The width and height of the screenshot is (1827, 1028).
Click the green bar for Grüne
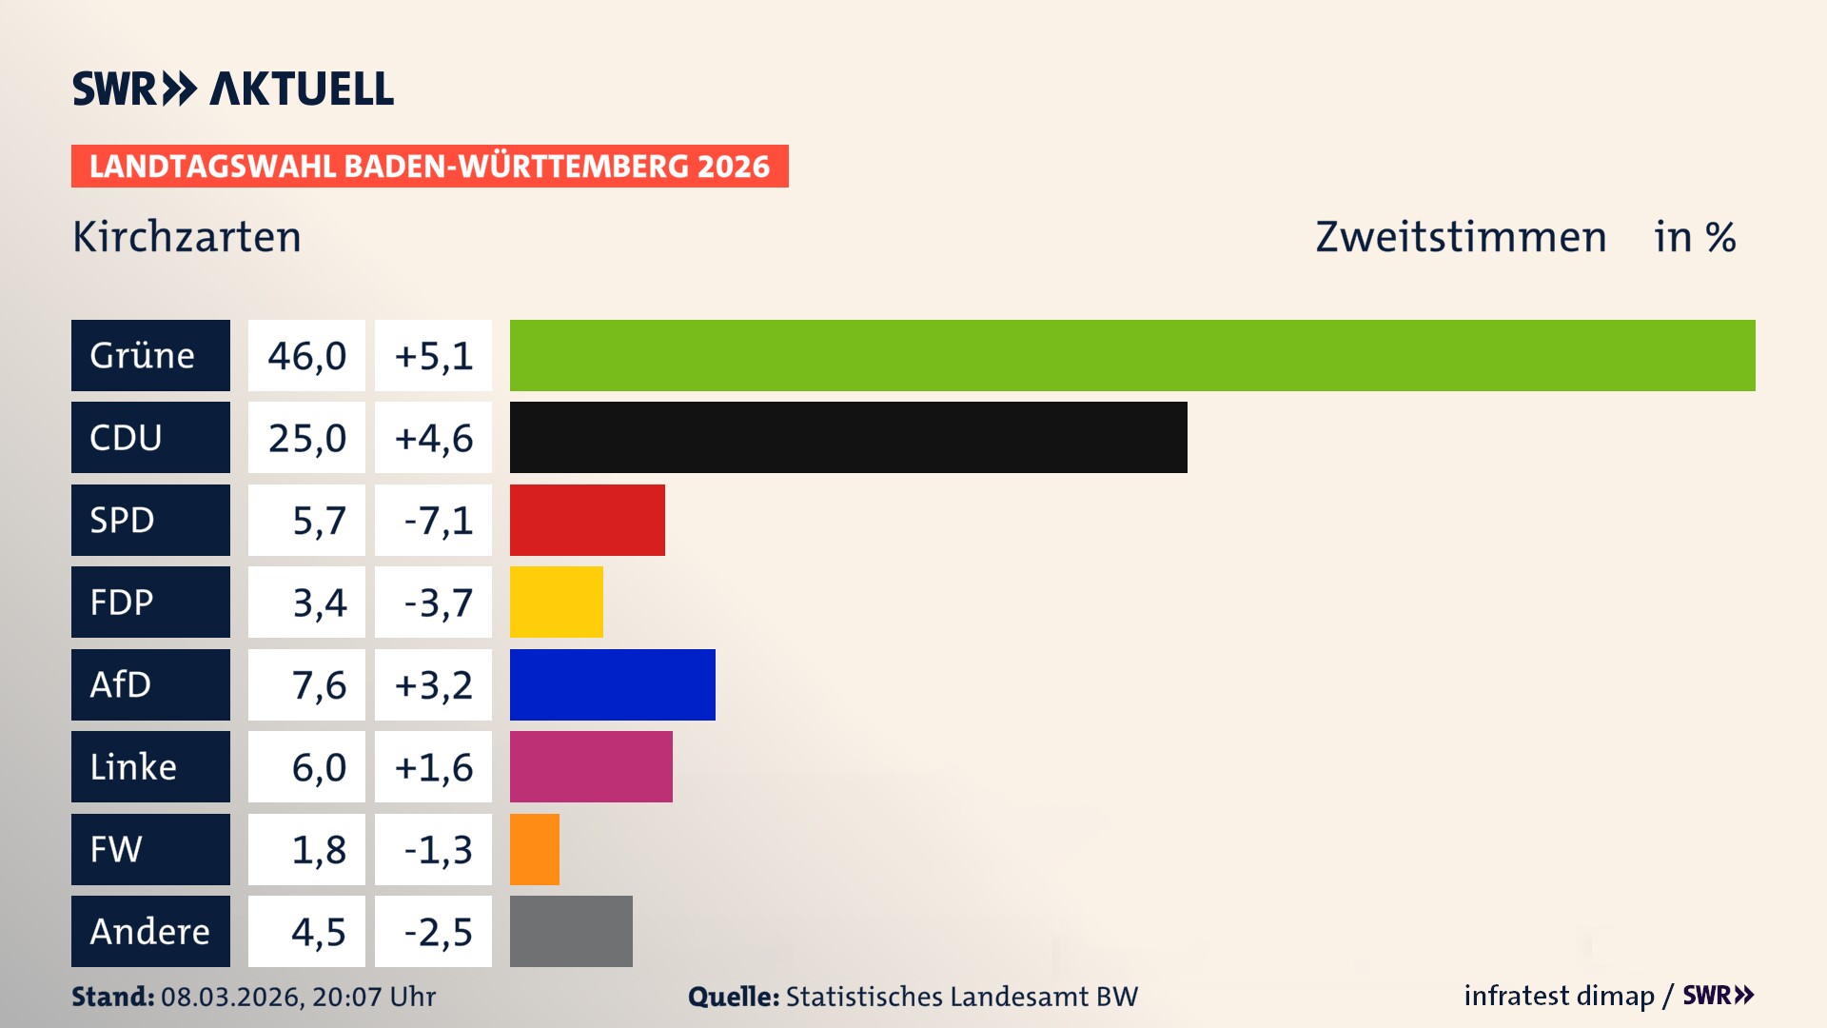pyautogui.click(x=1132, y=355)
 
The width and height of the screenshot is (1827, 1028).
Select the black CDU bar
pyautogui.click(x=848, y=438)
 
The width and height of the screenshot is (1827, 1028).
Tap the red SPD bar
pyautogui.click(x=587, y=520)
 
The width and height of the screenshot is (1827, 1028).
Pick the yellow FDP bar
pyautogui.click(x=556, y=603)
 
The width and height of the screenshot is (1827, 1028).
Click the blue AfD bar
pyautogui.click(x=612, y=684)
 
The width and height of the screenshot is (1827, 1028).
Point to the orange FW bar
pyautogui.click(x=534, y=849)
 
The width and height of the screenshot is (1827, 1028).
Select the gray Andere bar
pyautogui.click(x=571, y=931)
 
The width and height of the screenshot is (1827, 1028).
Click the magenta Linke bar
pyautogui.click(x=591, y=767)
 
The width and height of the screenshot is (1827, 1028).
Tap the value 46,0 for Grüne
pyautogui.click(x=306, y=356)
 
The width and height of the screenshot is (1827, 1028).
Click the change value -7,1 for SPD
pyautogui.click(x=437, y=521)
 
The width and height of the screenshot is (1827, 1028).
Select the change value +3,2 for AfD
pyautogui.click(x=434, y=685)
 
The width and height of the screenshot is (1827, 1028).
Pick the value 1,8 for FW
pyautogui.click(x=319, y=850)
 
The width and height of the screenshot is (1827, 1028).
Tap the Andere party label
pyautogui.click(x=150, y=931)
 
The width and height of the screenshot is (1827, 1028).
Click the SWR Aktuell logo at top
pyautogui.click(x=233, y=89)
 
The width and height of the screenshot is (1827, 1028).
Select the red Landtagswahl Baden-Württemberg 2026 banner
pyautogui.click(x=429, y=167)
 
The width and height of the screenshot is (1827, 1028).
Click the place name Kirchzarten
pyautogui.click(x=187, y=237)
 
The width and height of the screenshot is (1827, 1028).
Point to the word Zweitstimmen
pyautogui.click(x=1461, y=237)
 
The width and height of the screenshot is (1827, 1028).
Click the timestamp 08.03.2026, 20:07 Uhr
pyautogui.click(x=298, y=997)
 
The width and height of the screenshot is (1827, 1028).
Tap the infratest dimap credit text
pyautogui.click(x=1559, y=996)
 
